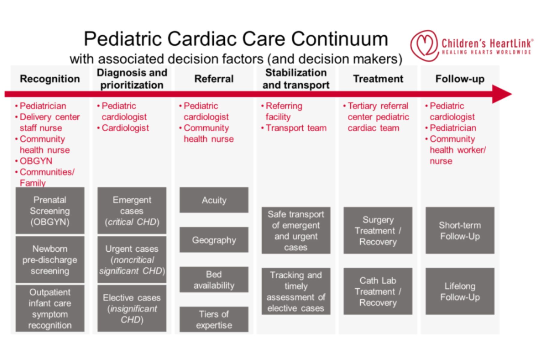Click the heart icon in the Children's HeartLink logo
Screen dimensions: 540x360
424,46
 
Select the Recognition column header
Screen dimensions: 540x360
50,79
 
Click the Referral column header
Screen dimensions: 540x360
214,79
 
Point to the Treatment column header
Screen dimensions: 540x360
378,79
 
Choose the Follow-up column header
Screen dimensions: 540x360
460,79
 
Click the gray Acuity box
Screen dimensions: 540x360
214,200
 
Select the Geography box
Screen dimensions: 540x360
214,240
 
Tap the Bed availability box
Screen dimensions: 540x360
214,280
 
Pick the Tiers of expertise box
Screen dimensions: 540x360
214,319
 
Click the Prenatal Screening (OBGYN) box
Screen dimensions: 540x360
50,211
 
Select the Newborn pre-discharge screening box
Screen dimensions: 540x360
50,259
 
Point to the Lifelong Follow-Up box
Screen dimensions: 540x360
460,291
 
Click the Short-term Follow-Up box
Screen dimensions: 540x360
460,230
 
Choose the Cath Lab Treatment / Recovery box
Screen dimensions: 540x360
378,291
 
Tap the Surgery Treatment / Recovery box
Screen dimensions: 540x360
378,230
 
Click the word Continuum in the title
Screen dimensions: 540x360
339,39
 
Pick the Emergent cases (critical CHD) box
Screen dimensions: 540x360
132,211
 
